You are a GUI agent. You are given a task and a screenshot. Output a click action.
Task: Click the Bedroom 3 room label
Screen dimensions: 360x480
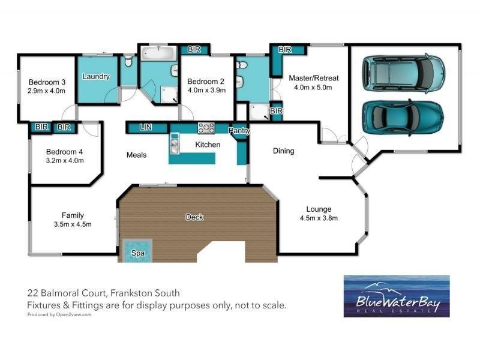[x=46, y=82]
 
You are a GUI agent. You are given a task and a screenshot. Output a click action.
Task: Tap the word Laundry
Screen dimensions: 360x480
[x=96, y=76]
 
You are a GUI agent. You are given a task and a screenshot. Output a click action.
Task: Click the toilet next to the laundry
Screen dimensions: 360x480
[x=128, y=62]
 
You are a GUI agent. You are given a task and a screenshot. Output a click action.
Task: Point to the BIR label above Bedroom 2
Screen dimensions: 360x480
[x=194, y=49]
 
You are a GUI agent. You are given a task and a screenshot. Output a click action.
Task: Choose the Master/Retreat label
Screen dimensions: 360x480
[x=314, y=78]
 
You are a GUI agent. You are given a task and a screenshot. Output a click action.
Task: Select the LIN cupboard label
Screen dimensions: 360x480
[x=145, y=128]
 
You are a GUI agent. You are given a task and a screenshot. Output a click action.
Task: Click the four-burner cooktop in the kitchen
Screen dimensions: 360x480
[x=206, y=128]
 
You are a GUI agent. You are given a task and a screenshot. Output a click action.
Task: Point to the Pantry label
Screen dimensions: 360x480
[x=239, y=130]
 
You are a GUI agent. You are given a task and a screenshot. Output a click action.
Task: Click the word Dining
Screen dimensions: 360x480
[x=283, y=151]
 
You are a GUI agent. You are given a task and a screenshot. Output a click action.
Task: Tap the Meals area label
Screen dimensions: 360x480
[x=136, y=155]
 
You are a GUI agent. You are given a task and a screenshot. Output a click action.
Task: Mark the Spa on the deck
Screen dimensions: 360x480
[x=138, y=250]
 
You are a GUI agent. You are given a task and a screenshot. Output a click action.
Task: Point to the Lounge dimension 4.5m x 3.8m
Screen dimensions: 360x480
[x=319, y=218]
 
